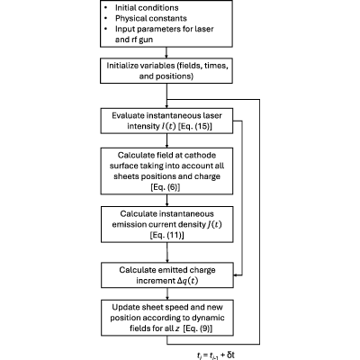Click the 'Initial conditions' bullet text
[x=147, y=8]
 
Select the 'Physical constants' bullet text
[x=151, y=19]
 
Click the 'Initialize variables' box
[x=166, y=70]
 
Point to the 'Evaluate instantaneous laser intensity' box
[x=166, y=121]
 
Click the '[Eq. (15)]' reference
[x=195, y=126]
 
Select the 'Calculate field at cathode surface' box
[x=166, y=171]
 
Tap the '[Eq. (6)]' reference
[x=166, y=187]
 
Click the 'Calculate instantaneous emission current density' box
[x=167, y=224]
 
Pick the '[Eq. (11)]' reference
[x=166, y=235]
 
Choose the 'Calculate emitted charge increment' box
[x=167, y=275]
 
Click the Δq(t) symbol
[x=187, y=281]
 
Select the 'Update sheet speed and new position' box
[x=167, y=318]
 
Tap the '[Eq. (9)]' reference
[x=197, y=328]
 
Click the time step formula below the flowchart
[x=216, y=355]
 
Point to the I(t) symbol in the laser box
[x=168, y=126]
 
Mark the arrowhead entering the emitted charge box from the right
[x=236, y=274]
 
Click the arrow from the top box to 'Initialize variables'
[x=166, y=52]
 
